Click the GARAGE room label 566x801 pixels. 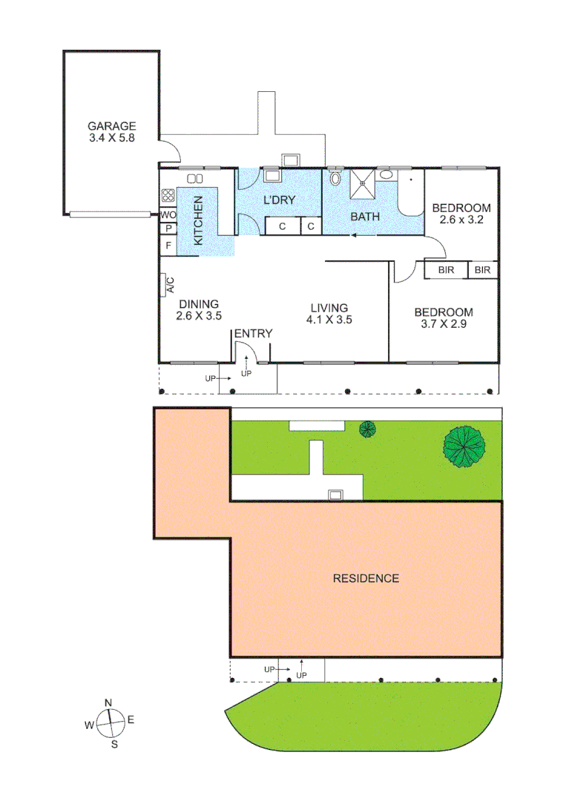(x=111, y=126)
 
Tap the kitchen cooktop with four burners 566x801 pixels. (x=168, y=197)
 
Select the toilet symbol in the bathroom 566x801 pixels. (x=335, y=178)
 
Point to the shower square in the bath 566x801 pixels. (x=363, y=183)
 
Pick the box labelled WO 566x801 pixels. (x=168, y=215)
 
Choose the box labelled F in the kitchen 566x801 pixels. (x=168, y=244)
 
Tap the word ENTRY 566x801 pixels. (x=253, y=334)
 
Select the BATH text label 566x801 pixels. (x=365, y=217)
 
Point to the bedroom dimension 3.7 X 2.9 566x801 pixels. (x=444, y=324)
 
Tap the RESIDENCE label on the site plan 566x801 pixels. (x=366, y=578)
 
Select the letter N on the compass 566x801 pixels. (x=108, y=703)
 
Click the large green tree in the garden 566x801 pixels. (x=464, y=446)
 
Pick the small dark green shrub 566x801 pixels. (x=367, y=429)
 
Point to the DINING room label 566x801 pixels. (x=198, y=304)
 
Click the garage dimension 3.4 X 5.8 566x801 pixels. (x=111, y=138)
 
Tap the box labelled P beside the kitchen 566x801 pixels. (x=168, y=229)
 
